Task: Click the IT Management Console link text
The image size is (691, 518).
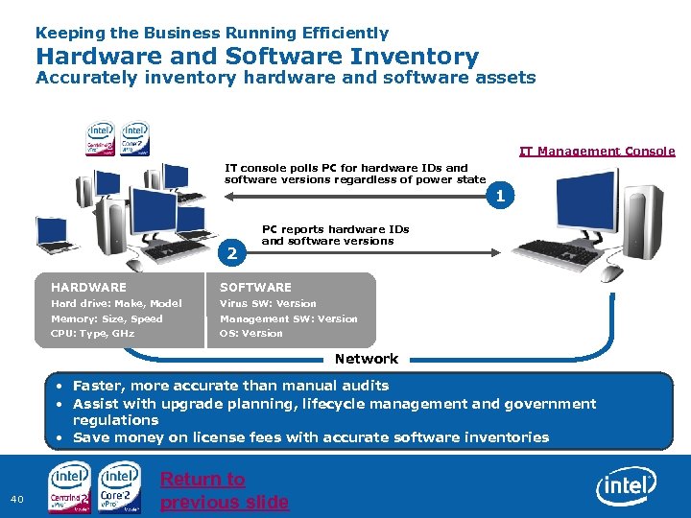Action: click(597, 151)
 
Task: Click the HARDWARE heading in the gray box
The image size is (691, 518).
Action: click(88, 287)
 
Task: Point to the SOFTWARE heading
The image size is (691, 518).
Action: click(255, 287)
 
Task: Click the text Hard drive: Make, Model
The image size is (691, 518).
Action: click(116, 303)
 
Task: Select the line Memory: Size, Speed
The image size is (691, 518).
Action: click(107, 318)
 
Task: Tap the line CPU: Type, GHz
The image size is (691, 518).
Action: click(92, 333)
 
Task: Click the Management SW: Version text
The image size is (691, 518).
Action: click(288, 318)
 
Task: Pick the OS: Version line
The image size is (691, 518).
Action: click(251, 333)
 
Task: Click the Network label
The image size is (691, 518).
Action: click(366, 359)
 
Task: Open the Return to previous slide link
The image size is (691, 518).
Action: click(225, 490)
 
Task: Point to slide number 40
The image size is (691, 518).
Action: click(17, 498)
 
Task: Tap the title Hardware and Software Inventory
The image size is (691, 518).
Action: click(257, 57)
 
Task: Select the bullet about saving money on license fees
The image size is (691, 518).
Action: click(311, 437)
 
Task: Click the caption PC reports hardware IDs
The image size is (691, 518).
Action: click(335, 235)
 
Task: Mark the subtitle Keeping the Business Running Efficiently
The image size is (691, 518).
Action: click(213, 34)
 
